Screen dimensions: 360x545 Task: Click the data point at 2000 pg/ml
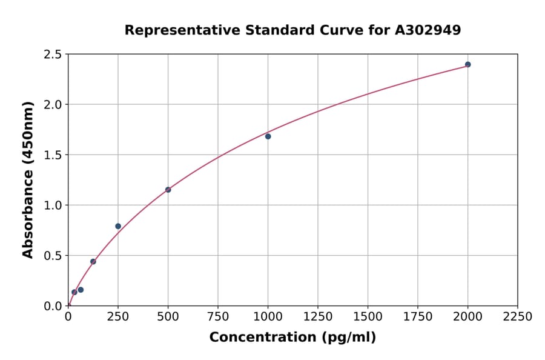click(x=467, y=64)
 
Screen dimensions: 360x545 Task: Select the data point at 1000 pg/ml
click(x=268, y=136)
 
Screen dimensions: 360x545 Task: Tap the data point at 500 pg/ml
click(x=168, y=190)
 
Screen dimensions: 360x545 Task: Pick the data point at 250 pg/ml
click(x=118, y=226)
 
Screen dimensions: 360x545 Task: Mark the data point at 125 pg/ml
click(x=93, y=262)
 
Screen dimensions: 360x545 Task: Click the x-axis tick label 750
click(x=218, y=317)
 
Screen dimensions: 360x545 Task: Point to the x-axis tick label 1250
click(x=318, y=317)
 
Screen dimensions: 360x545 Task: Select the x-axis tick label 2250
click(x=518, y=317)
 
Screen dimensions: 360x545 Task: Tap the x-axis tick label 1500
click(x=368, y=317)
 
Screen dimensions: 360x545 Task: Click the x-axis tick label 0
click(x=68, y=317)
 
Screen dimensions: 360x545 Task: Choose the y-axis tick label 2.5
click(x=53, y=55)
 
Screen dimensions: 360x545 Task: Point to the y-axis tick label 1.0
click(x=53, y=205)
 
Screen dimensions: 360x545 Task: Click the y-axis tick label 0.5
click(x=53, y=256)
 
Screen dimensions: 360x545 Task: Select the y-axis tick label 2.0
click(x=53, y=105)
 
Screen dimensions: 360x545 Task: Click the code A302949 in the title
click(x=428, y=30)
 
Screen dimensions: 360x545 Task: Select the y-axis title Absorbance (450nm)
click(x=28, y=180)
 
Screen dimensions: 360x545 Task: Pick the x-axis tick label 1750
click(x=418, y=317)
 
